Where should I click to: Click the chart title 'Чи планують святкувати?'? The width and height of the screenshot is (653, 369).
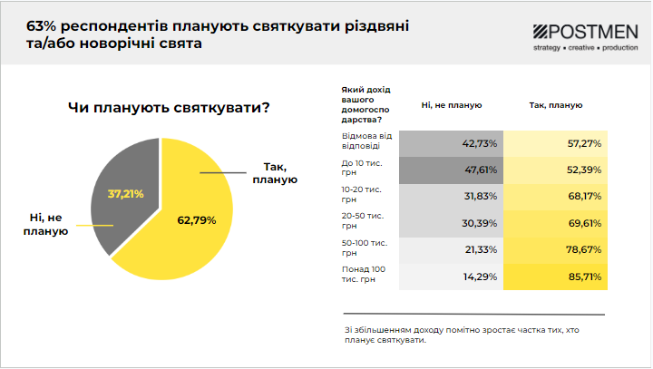click(170, 108)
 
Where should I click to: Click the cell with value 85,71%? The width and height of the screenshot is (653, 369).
click(554, 276)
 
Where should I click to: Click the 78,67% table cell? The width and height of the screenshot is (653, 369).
click(554, 249)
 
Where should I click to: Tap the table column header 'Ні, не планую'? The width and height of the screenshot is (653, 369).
click(451, 105)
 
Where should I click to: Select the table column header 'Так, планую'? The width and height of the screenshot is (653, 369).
click(554, 105)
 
